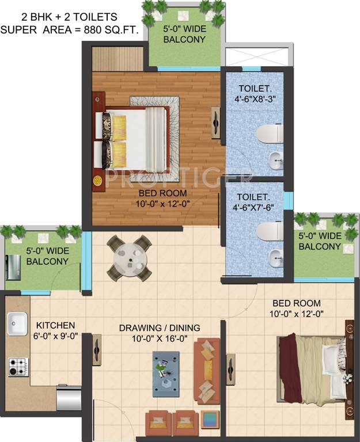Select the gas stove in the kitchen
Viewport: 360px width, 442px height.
(x=18, y=366)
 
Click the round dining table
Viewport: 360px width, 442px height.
(x=130, y=256)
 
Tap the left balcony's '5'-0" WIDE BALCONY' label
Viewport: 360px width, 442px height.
(x=47, y=256)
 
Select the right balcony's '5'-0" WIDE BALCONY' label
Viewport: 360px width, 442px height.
(x=320, y=241)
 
